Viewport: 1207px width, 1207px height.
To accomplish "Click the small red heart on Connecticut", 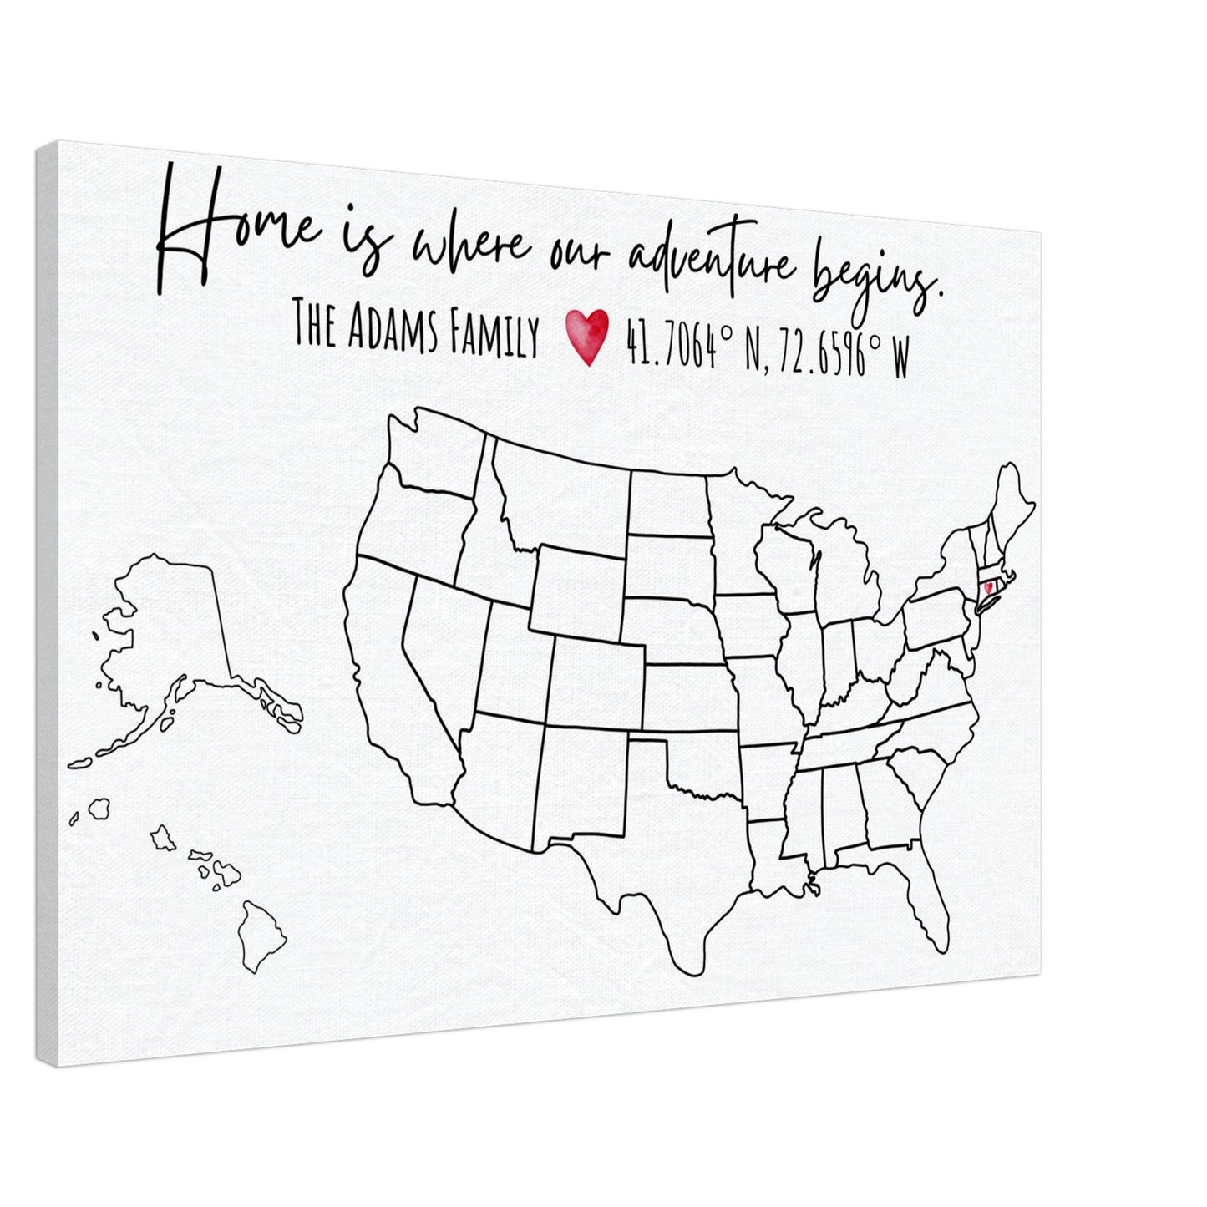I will (x=988, y=587).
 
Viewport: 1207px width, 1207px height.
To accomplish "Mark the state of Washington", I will (x=434, y=451).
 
